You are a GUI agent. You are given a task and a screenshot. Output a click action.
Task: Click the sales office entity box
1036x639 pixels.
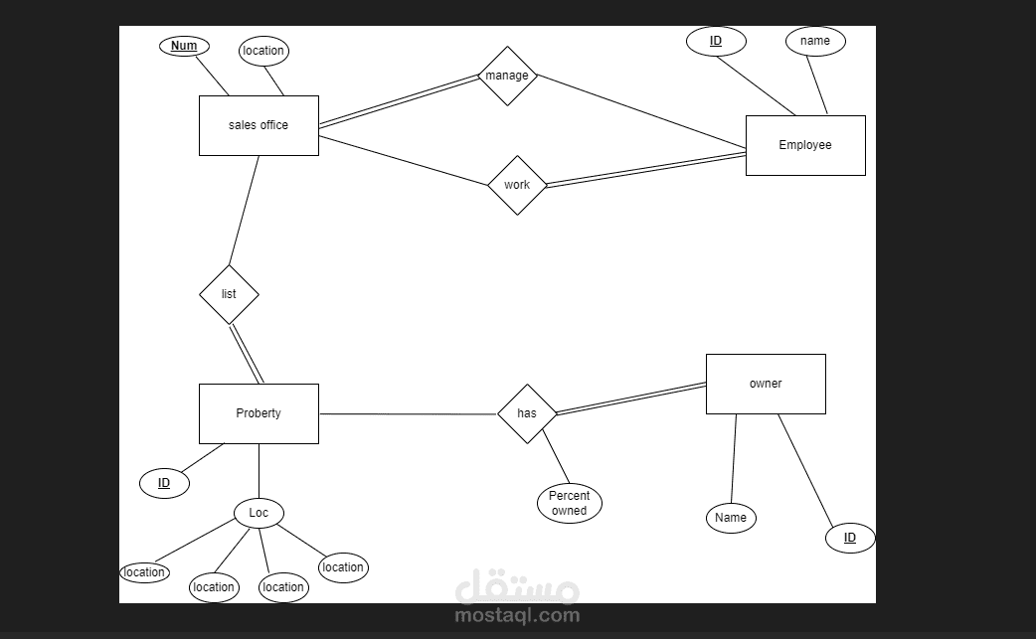click(x=259, y=125)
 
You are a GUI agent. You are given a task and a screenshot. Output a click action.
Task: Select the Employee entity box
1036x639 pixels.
click(x=805, y=145)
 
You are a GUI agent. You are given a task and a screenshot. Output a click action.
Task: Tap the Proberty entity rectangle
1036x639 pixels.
click(x=259, y=413)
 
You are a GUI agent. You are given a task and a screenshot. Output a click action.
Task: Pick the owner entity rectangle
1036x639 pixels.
click(x=766, y=385)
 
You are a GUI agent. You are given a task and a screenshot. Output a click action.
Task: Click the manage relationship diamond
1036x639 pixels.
click(x=507, y=76)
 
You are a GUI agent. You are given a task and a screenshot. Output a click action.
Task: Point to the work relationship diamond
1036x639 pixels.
click(x=517, y=186)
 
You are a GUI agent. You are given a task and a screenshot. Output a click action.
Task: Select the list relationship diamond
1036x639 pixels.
click(x=230, y=294)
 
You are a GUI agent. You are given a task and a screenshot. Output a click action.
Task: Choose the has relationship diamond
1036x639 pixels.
click(x=527, y=413)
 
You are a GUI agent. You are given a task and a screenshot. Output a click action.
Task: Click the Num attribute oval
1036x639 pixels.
click(x=184, y=46)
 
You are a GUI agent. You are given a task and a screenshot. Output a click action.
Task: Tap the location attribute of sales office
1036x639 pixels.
click(x=263, y=51)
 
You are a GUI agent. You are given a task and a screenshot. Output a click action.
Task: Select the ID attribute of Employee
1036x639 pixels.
click(x=716, y=41)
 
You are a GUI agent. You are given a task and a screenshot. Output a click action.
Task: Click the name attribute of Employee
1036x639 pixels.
click(x=815, y=41)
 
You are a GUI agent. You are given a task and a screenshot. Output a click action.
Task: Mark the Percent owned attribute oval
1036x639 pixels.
click(x=570, y=503)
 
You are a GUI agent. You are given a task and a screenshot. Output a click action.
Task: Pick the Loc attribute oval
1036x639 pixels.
click(x=259, y=513)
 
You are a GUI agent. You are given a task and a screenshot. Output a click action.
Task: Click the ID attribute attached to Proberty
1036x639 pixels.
click(x=164, y=483)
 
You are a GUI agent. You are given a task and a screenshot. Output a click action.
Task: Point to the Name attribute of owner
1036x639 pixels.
click(x=731, y=518)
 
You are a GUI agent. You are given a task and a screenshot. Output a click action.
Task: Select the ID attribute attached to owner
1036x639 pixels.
click(x=850, y=538)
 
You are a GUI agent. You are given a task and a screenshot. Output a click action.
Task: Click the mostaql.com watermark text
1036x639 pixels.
click(x=517, y=615)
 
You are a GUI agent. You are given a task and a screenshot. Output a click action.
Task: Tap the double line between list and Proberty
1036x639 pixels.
click(x=247, y=354)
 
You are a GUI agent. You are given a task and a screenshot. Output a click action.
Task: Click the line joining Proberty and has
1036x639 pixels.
click(x=409, y=413)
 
